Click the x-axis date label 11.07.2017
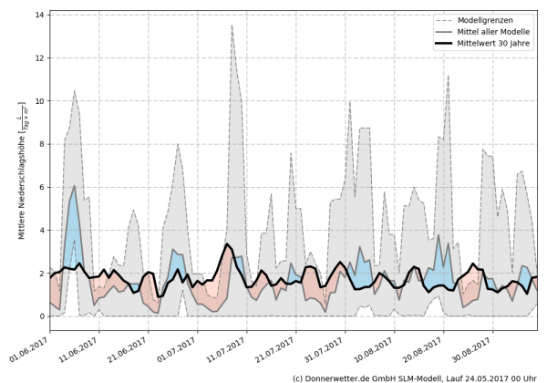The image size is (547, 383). tap(229, 347)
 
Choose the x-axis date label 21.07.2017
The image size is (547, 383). tap(278, 347)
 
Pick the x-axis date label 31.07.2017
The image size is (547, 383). tap(327, 347)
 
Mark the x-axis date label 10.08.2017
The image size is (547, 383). tap(377, 347)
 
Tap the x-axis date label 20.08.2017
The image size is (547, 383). tap(426, 347)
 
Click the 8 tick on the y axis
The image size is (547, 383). tap(42, 144)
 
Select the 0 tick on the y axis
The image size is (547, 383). tap(42, 316)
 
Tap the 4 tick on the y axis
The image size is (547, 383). tap(42, 231)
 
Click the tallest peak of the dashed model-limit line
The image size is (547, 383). tap(232, 26)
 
